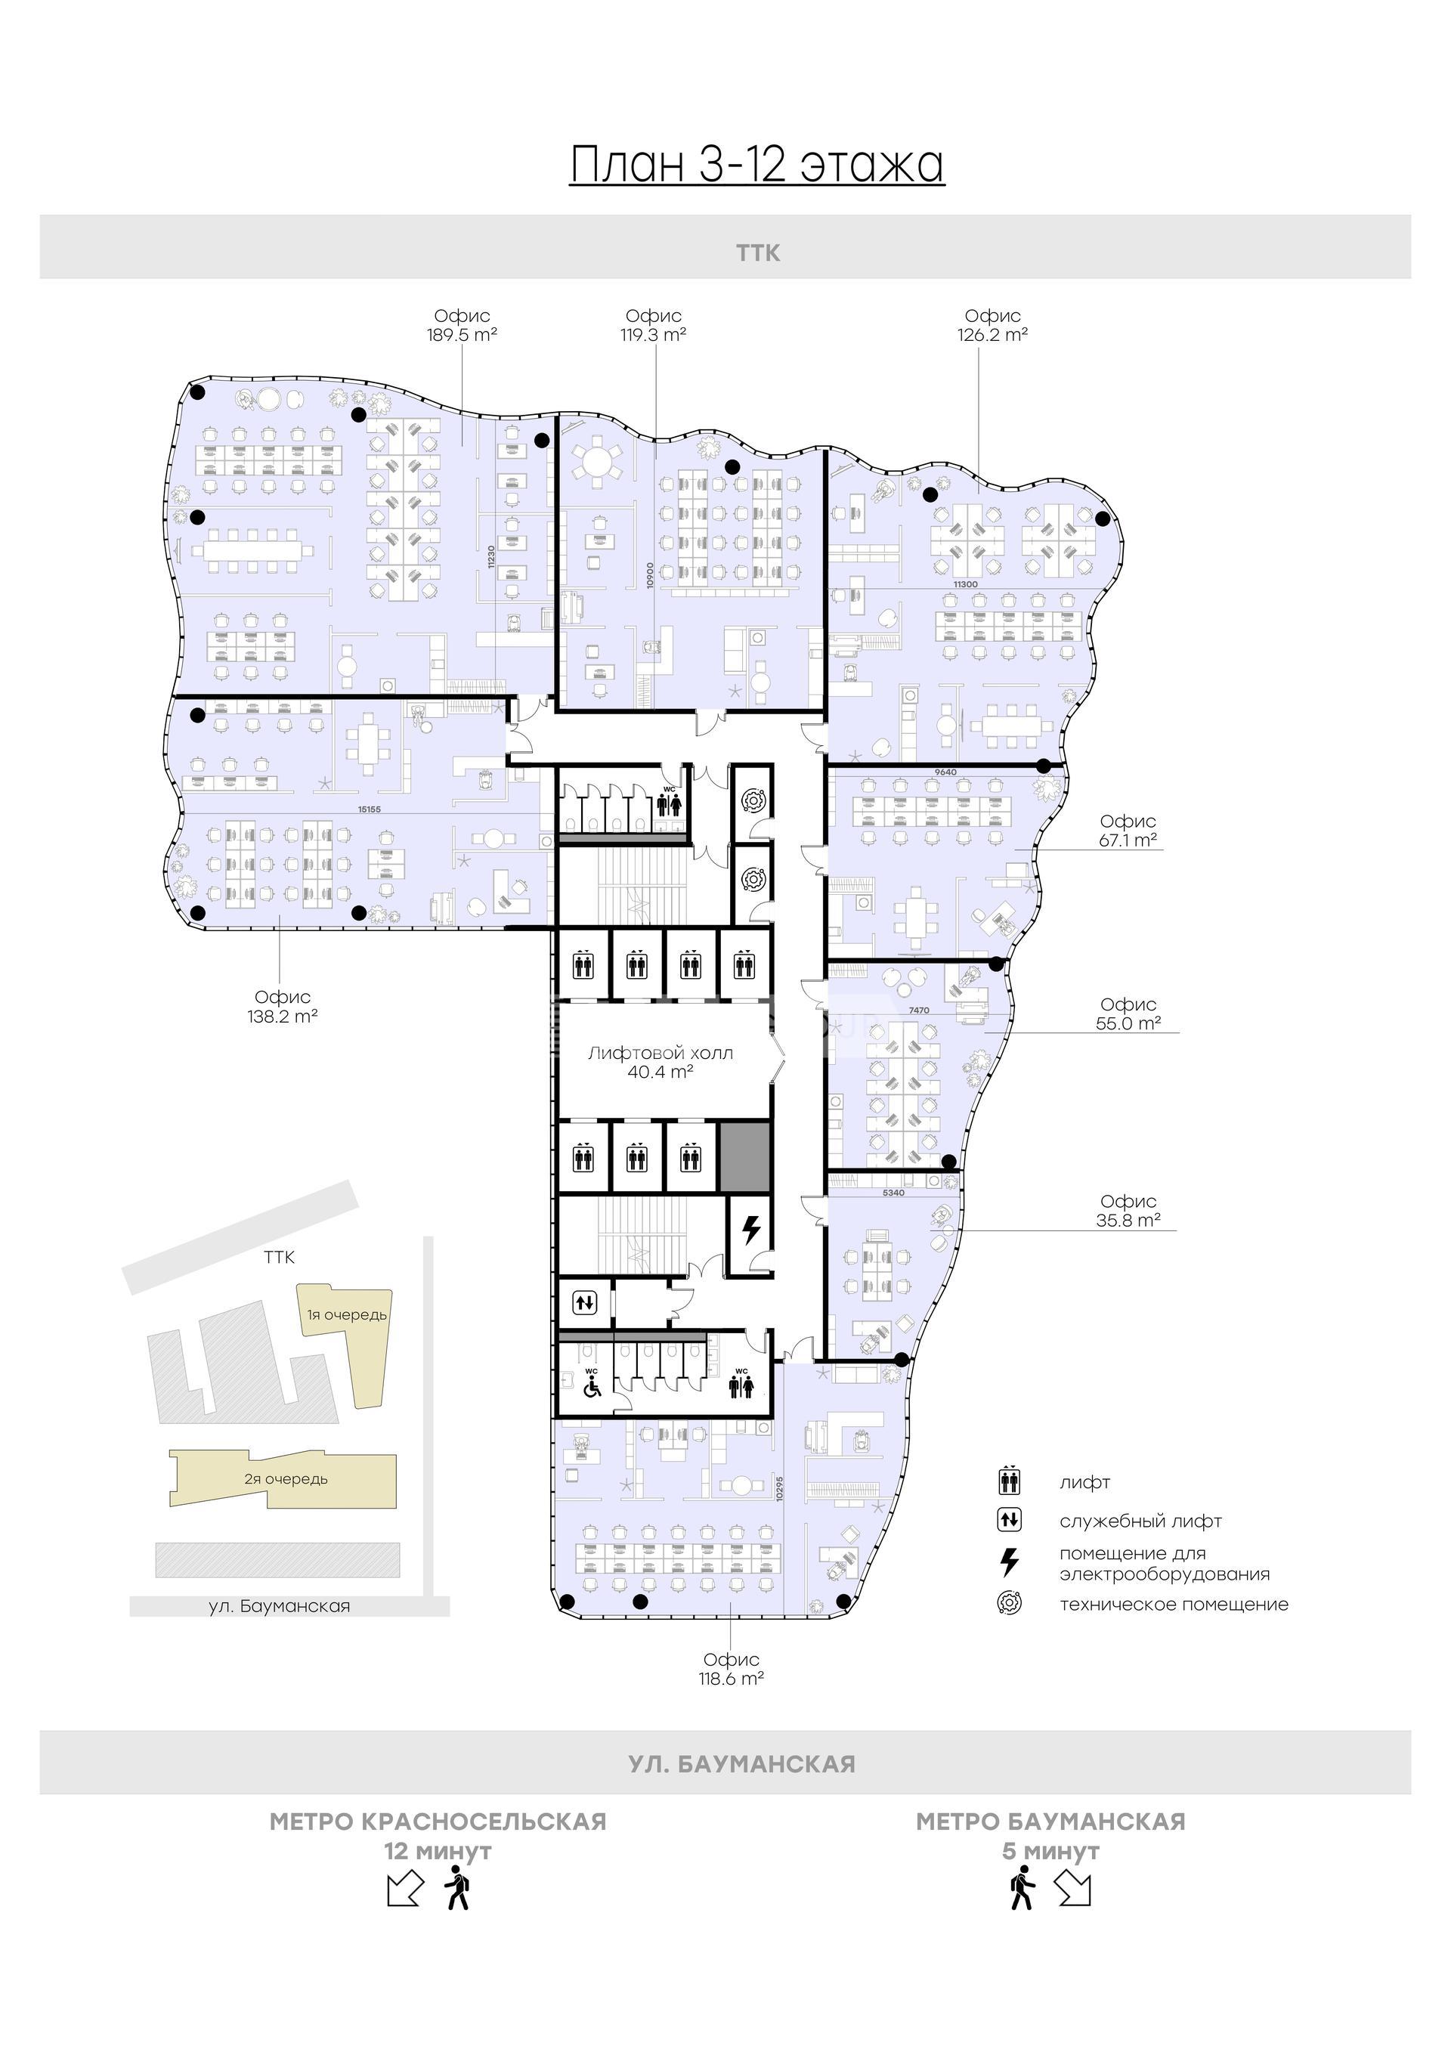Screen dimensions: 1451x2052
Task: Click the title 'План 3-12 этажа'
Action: tap(756, 165)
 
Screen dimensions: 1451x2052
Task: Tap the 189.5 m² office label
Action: tap(462, 325)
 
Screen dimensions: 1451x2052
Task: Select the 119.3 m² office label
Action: tap(653, 325)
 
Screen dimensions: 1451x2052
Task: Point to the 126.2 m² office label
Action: tap(992, 325)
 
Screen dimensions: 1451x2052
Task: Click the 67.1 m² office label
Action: tap(1128, 831)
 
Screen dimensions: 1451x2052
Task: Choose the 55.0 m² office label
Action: tap(1128, 1014)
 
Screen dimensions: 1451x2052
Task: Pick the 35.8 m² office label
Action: tap(1128, 1211)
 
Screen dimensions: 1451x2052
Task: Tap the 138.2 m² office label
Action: tap(283, 1006)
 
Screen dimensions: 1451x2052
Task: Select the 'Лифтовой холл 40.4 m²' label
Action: tap(661, 1062)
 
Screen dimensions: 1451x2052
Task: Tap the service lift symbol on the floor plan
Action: tap(584, 1303)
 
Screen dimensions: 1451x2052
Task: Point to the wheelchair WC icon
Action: tap(592, 1382)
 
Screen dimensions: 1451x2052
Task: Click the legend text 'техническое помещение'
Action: tap(1174, 1605)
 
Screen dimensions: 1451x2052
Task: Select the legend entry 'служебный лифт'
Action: tap(1141, 1521)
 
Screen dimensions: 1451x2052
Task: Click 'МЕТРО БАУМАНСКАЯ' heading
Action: tap(1050, 1821)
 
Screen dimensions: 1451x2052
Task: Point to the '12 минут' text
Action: tap(438, 1851)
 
